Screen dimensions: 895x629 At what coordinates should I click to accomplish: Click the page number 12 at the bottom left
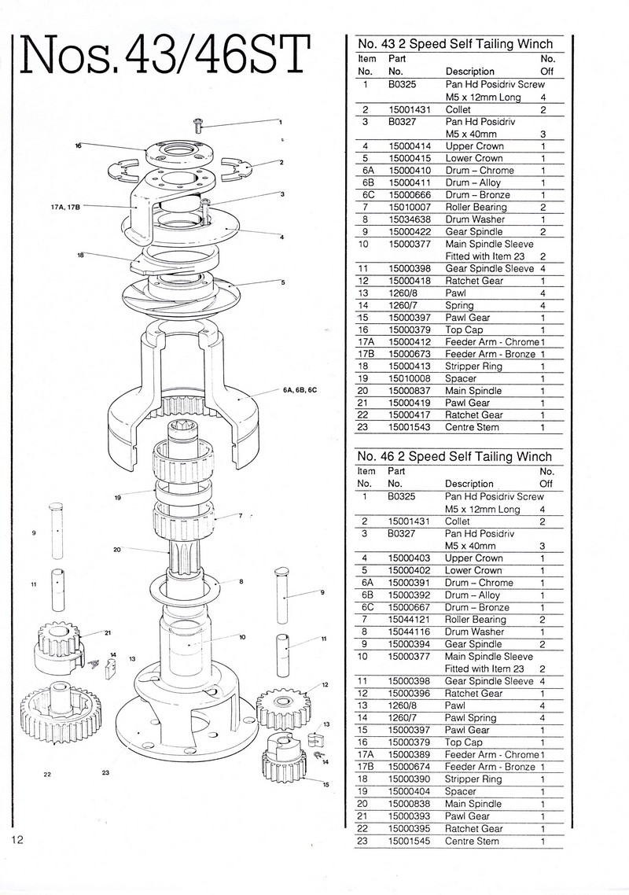(x=18, y=839)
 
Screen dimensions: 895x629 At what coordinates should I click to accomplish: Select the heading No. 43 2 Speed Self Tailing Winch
(x=455, y=44)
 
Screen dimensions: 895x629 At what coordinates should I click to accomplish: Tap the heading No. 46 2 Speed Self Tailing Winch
(x=454, y=456)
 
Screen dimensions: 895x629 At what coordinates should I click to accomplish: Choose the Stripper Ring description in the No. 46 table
(x=473, y=779)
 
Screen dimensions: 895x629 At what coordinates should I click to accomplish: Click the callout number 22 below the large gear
(x=47, y=775)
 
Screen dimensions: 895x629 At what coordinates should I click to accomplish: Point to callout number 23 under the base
(x=105, y=773)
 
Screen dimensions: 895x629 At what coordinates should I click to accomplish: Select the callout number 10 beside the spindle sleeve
(x=243, y=637)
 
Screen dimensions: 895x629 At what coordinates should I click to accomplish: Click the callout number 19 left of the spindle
(x=116, y=498)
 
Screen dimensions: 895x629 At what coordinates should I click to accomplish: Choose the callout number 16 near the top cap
(x=79, y=145)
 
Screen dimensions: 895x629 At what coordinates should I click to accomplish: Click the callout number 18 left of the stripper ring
(x=81, y=255)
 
